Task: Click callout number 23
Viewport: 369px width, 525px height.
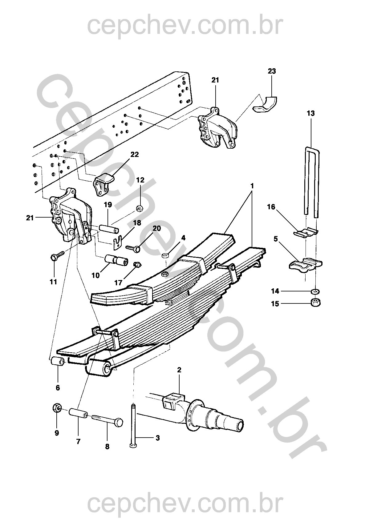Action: click(272, 71)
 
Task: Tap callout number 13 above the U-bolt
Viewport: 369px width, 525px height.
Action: click(311, 113)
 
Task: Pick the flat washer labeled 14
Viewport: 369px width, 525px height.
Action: click(315, 291)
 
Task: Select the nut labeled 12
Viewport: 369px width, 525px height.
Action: click(139, 209)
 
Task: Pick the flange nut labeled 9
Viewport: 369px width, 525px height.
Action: click(57, 408)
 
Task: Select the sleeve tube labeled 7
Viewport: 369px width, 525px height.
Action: click(78, 413)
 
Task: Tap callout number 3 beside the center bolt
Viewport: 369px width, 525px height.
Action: click(157, 438)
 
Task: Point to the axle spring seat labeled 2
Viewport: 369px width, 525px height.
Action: click(172, 400)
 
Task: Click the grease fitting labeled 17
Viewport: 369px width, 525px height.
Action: click(136, 264)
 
